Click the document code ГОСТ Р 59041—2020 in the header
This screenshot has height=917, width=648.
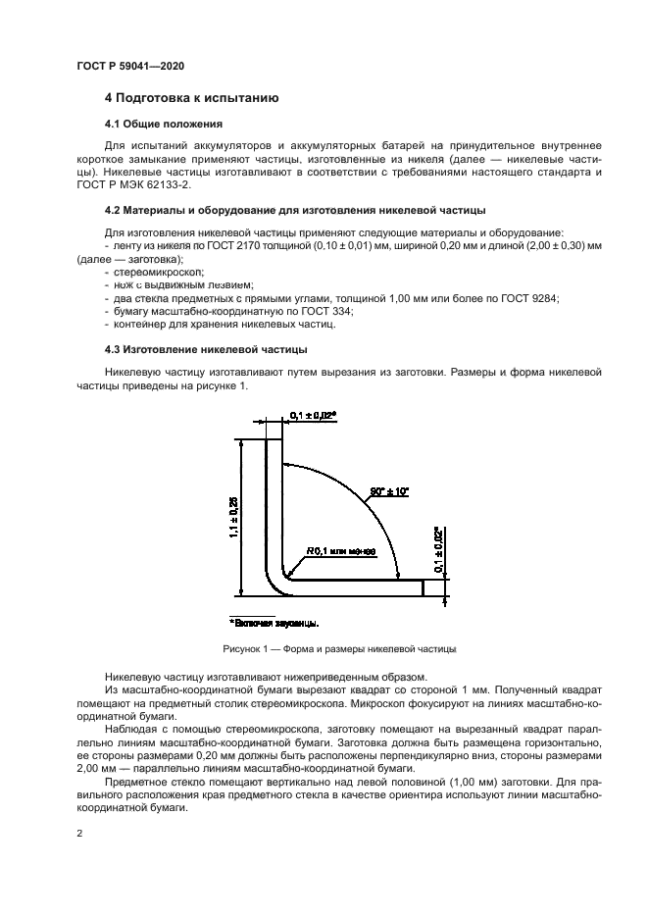click(130, 66)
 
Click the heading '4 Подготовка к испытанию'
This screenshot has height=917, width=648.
click(192, 99)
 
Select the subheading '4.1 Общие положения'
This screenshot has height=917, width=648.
click(164, 125)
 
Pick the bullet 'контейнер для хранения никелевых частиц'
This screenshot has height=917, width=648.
click(230, 323)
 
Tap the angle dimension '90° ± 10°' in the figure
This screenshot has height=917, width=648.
click(389, 490)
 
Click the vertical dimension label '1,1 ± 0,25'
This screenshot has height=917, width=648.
click(233, 517)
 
